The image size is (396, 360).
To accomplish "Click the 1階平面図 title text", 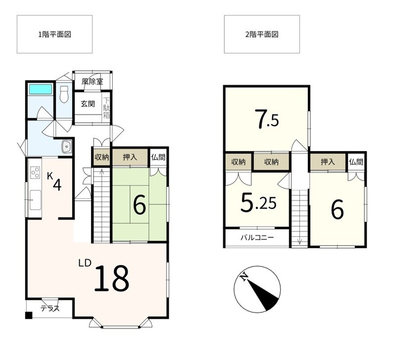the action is click(x=54, y=34).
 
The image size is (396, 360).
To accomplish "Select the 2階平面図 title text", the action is click(x=262, y=34).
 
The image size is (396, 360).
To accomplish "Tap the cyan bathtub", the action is click(x=41, y=89).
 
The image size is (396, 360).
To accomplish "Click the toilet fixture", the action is click(x=64, y=94).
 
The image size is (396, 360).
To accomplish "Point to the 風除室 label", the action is click(x=92, y=82).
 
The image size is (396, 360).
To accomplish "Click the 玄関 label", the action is click(x=88, y=103).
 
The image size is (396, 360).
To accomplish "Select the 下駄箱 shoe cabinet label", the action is click(x=106, y=108).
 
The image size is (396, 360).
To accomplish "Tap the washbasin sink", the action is click(x=67, y=147).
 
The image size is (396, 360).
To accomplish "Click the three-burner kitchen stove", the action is click(x=35, y=172).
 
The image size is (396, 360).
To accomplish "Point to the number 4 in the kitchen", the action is click(x=57, y=185).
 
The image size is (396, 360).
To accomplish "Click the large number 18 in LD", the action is click(x=111, y=278).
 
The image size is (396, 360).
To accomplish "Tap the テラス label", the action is click(x=50, y=309).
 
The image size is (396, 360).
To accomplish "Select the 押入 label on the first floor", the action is click(x=130, y=157).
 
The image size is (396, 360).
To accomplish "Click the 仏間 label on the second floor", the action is click(x=356, y=162).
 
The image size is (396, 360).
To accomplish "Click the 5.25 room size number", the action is click(x=258, y=203).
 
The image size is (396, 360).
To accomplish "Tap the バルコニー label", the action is click(x=257, y=238).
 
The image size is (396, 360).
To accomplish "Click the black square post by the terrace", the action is click(x=29, y=315).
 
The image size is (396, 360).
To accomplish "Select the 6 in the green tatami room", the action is click(x=140, y=206).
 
